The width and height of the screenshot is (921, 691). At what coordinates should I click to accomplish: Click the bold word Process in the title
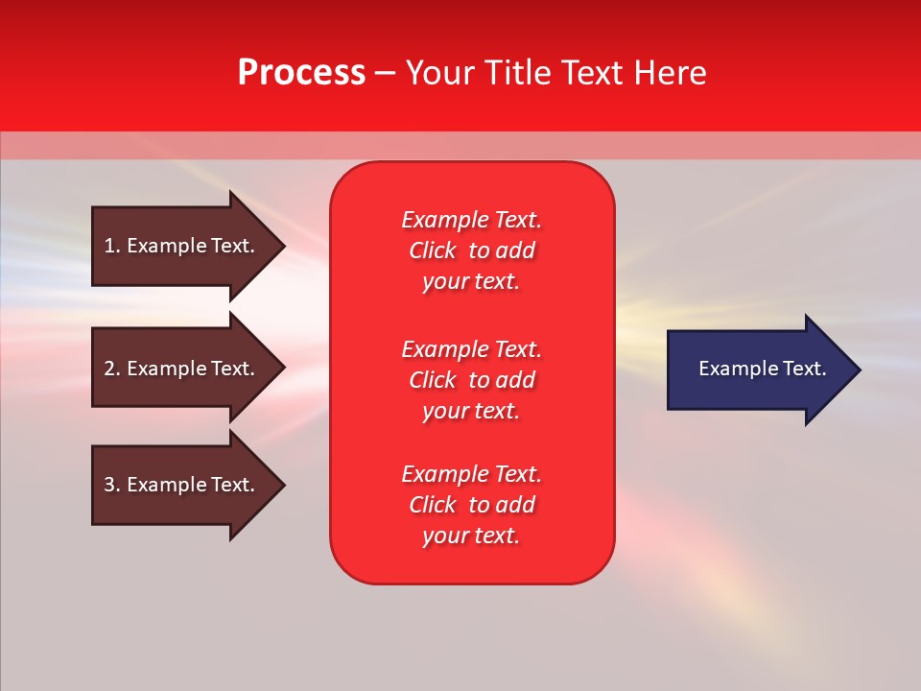click(301, 73)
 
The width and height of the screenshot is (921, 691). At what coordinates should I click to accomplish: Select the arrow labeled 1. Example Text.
click(182, 246)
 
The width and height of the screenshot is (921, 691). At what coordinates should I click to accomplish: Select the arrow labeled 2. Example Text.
click(182, 369)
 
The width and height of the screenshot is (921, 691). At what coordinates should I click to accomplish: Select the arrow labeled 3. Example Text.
click(182, 485)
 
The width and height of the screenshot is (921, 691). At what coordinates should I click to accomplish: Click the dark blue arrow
click(758, 369)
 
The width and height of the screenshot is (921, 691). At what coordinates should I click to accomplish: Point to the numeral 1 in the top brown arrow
click(109, 246)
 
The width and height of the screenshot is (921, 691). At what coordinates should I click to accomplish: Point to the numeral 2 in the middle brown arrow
click(109, 369)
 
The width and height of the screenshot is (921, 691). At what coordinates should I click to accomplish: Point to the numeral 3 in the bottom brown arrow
click(109, 485)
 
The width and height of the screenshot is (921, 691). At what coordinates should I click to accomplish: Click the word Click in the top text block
click(433, 250)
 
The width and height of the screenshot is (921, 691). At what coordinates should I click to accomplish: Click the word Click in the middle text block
click(433, 380)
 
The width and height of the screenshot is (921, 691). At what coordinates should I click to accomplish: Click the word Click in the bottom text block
click(433, 505)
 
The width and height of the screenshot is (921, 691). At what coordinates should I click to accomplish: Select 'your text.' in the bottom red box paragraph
click(471, 536)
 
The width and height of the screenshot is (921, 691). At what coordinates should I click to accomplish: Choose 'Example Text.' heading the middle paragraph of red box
click(471, 348)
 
